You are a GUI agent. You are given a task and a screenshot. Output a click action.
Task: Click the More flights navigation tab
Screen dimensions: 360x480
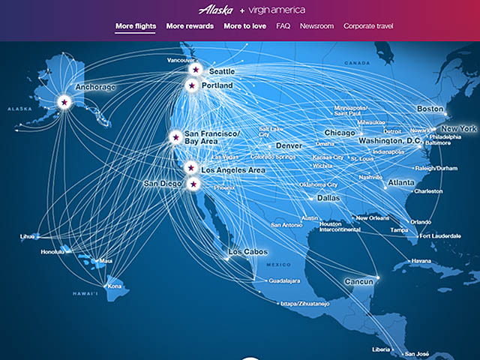[x=136, y=26]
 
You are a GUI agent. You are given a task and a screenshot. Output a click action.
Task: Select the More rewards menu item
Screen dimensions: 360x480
[x=190, y=26]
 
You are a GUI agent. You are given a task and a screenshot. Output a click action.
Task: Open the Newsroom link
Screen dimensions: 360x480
[x=316, y=26]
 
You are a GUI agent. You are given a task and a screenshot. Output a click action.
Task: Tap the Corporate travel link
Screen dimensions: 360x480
[x=368, y=26]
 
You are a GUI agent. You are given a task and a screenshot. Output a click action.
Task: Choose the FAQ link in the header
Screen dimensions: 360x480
[x=283, y=26]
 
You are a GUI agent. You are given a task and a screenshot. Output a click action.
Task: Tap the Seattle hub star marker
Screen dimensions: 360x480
[x=195, y=69]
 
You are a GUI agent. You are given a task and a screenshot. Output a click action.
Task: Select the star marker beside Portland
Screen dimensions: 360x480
[x=190, y=85]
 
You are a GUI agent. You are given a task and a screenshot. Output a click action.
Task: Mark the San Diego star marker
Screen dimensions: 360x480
[x=193, y=184]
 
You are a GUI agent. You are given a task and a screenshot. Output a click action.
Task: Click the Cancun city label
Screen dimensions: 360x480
[x=343, y=281]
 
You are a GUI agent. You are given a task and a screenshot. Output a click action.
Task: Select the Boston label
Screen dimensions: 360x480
[x=430, y=109]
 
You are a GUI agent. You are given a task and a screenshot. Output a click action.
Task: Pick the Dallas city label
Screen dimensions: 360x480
[x=328, y=199]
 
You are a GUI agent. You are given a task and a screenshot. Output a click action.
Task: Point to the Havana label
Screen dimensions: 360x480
[x=421, y=261]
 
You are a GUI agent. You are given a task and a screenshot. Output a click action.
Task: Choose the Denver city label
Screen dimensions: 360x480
[x=289, y=145]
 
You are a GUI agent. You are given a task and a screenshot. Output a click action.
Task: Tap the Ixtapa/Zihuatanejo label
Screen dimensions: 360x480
[x=285, y=304]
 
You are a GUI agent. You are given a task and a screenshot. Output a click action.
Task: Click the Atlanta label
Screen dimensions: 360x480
[x=401, y=182]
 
